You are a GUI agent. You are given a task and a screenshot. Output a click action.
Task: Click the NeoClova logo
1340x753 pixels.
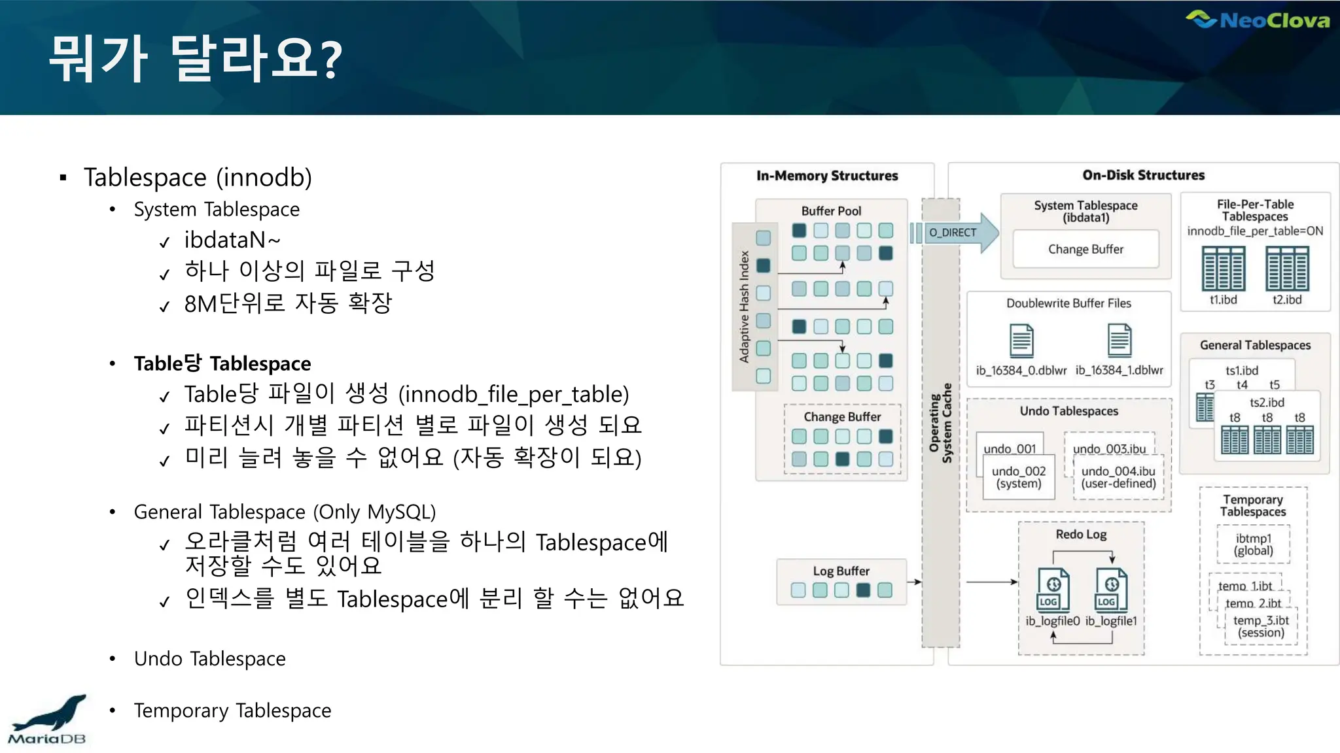pos(1258,20)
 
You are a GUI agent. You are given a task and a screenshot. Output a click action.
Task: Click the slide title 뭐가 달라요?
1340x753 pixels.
pos(196,59)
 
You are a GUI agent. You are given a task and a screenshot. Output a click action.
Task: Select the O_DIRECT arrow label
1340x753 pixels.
pos(953,233)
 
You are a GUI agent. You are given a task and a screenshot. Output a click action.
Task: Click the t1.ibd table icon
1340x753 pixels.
pos(1223,269)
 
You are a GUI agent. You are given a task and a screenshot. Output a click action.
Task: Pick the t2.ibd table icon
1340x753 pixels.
pos(1287,269)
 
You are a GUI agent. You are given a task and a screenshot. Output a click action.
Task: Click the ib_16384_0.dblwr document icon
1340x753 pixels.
pos(1021,341)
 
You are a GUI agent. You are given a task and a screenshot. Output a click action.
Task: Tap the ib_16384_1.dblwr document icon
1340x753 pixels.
pos(1119,341)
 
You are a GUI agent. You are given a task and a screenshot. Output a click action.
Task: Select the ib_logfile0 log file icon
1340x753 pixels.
pos(1053,590)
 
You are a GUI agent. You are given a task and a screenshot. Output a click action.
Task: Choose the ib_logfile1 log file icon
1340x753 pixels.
pos(1111,590)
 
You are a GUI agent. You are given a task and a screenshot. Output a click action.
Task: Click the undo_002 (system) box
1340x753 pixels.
pos(1019,477)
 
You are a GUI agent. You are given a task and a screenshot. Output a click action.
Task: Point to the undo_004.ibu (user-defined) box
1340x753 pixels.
pos(1118,477)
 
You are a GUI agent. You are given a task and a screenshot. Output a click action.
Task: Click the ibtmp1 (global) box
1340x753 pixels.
pos(1254,544)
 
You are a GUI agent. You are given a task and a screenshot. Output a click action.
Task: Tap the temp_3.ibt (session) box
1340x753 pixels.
pos(1261,626)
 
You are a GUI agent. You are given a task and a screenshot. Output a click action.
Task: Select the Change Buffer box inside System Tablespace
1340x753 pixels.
pos(1085,249)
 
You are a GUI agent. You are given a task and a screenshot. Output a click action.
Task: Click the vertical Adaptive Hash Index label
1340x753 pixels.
pos(744,307)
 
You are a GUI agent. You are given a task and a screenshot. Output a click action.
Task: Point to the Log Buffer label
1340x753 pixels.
pos(841,571)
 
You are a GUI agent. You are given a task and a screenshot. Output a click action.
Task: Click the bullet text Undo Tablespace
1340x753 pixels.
pos(209,659)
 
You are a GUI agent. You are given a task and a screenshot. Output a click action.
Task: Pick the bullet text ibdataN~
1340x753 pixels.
pos(232,241)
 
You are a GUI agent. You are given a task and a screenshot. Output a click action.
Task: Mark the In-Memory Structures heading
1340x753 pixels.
pos(827,176)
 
